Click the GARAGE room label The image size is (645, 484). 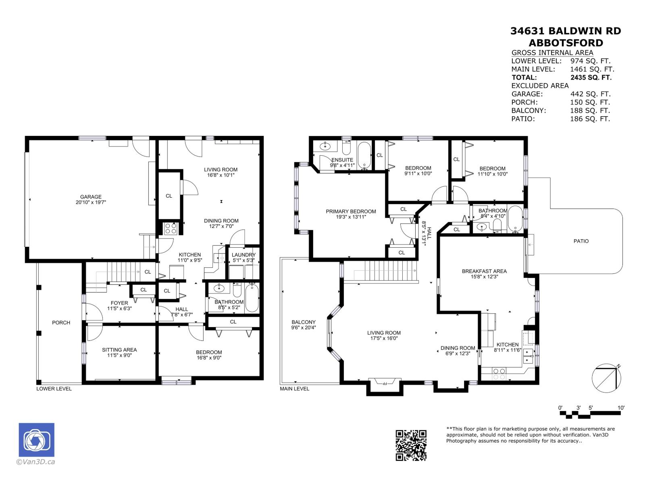click(x=90, y=197)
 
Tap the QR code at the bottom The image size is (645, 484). click(x=411, y=445)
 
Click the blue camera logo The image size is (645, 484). click(x=36, y=440)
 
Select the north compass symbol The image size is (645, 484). click(x=606, y=378)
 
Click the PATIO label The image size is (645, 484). click(x=581, y=241)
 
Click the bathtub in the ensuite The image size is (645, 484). click(x=364, y=155)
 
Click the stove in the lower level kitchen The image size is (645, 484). click(x=171, y=229)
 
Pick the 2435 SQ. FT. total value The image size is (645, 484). click(x=591, y=77)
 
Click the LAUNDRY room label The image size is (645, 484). click(x=243, y=255)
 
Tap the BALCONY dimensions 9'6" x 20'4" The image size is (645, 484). click(x=304, y=328)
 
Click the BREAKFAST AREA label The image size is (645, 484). click(x=484, y=271)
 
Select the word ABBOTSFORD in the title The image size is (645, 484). click(x=566, y=43)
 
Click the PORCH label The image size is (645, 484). click(x=61, y=323)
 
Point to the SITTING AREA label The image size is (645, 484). click(x=119, y=350)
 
